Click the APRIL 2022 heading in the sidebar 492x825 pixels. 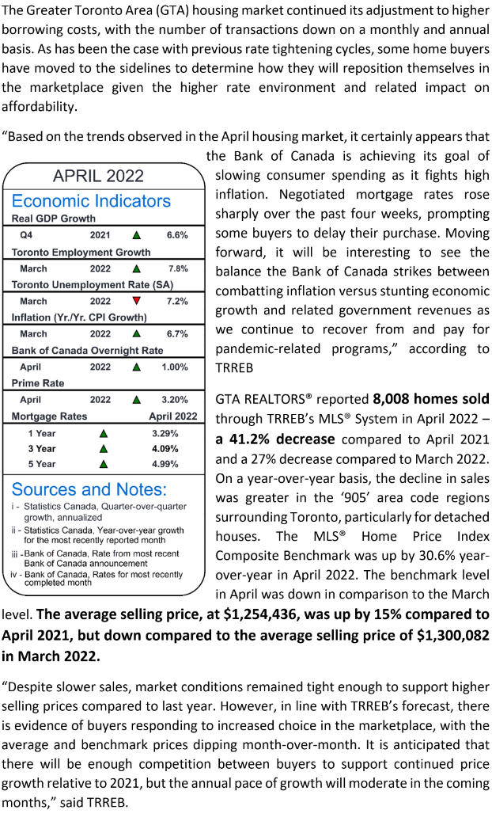click(x=98, y=175)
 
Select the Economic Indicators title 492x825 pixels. click(x=91, y=200)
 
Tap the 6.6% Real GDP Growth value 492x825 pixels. click(x=176, y=235)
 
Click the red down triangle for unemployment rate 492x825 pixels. click(x=137, y=301)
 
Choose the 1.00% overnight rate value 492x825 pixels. click(x=175, y=367)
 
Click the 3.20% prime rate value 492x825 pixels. click(x=175, y=400)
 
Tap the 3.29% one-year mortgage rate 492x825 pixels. click(x=165, y=434)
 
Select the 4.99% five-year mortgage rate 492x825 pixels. click(x=165, y=464)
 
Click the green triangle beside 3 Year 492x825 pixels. click(x=102, y=449)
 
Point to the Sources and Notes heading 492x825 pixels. click(x=89, y=489)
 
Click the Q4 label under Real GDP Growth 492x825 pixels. click(x=26, y=235)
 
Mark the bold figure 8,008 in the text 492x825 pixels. click(x=394, y=399)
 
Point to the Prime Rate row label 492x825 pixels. click(x=38, y=383)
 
